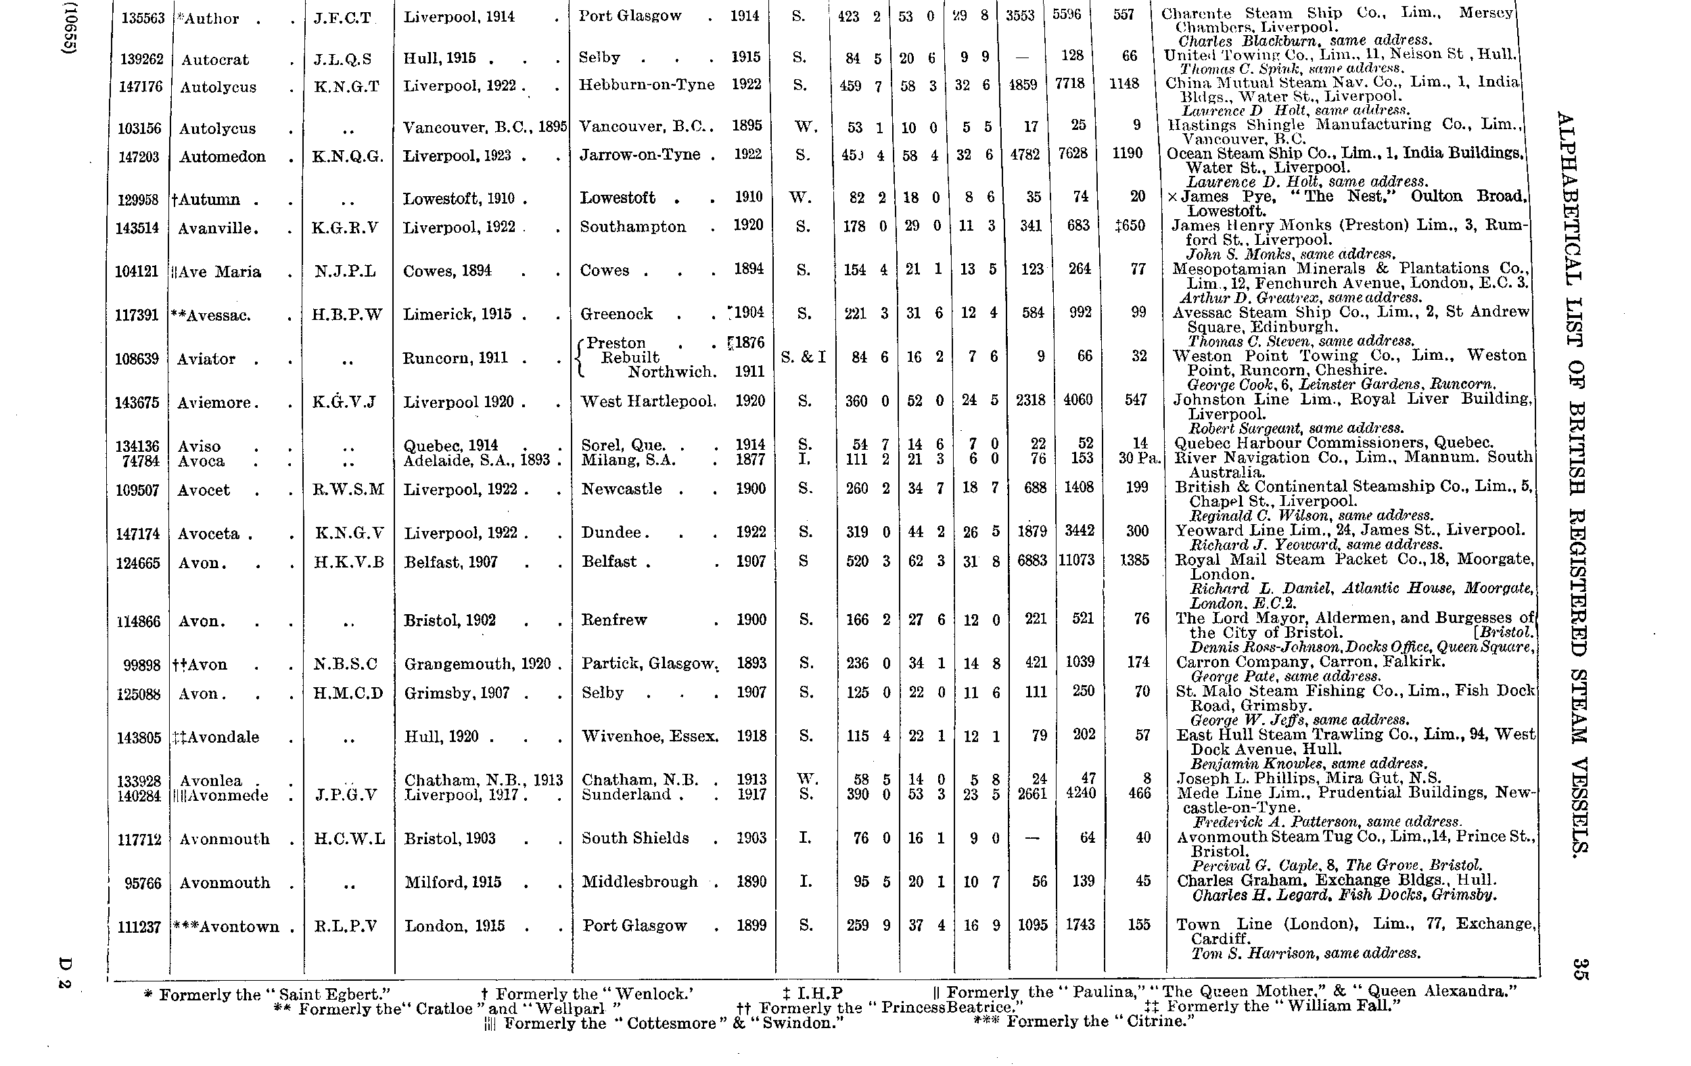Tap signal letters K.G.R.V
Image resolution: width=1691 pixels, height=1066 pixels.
pyautogui.click(x=346, y=227)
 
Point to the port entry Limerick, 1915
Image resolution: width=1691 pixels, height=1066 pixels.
pyautogui.click(x=457, y=315)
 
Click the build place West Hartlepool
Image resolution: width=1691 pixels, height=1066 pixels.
pyautogui.click(x=648, y=402)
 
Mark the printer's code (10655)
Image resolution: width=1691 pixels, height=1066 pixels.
pyautogui.click(x=69, y=28)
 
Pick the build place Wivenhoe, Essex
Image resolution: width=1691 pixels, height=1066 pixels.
pyautogui.click(x=649, y=737)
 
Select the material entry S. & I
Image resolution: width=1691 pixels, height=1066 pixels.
pyautogui.click(x=804, y=357)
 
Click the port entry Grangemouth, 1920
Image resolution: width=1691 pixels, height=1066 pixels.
pyautogui.click(x=478, y=664)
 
